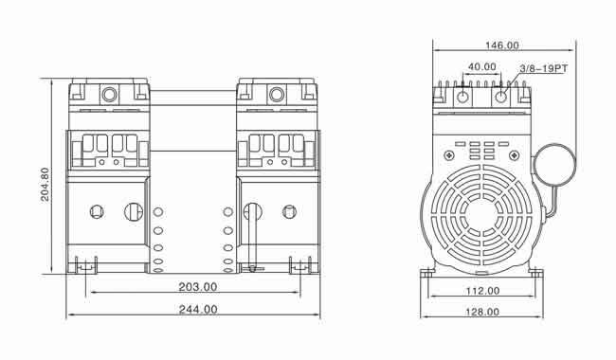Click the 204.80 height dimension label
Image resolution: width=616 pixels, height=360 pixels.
[x=45, y=184]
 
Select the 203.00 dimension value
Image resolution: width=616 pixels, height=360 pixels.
[x=198, y=287]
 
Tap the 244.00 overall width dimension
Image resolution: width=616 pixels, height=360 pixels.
[x=198, y=310]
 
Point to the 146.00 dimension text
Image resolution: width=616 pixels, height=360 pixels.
[x=502, y=45]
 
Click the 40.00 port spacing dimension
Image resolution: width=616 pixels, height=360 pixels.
[x=482, y=66]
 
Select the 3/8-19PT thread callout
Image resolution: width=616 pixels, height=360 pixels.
[x=544, y=69]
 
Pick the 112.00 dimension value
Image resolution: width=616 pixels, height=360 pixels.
[x=482, y=291]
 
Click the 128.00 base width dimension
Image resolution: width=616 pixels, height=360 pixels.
[x=482, y=312]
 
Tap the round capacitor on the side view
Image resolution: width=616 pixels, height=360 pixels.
[x=554, y=164]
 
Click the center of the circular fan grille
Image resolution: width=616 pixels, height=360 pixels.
[x=482, y=215]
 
